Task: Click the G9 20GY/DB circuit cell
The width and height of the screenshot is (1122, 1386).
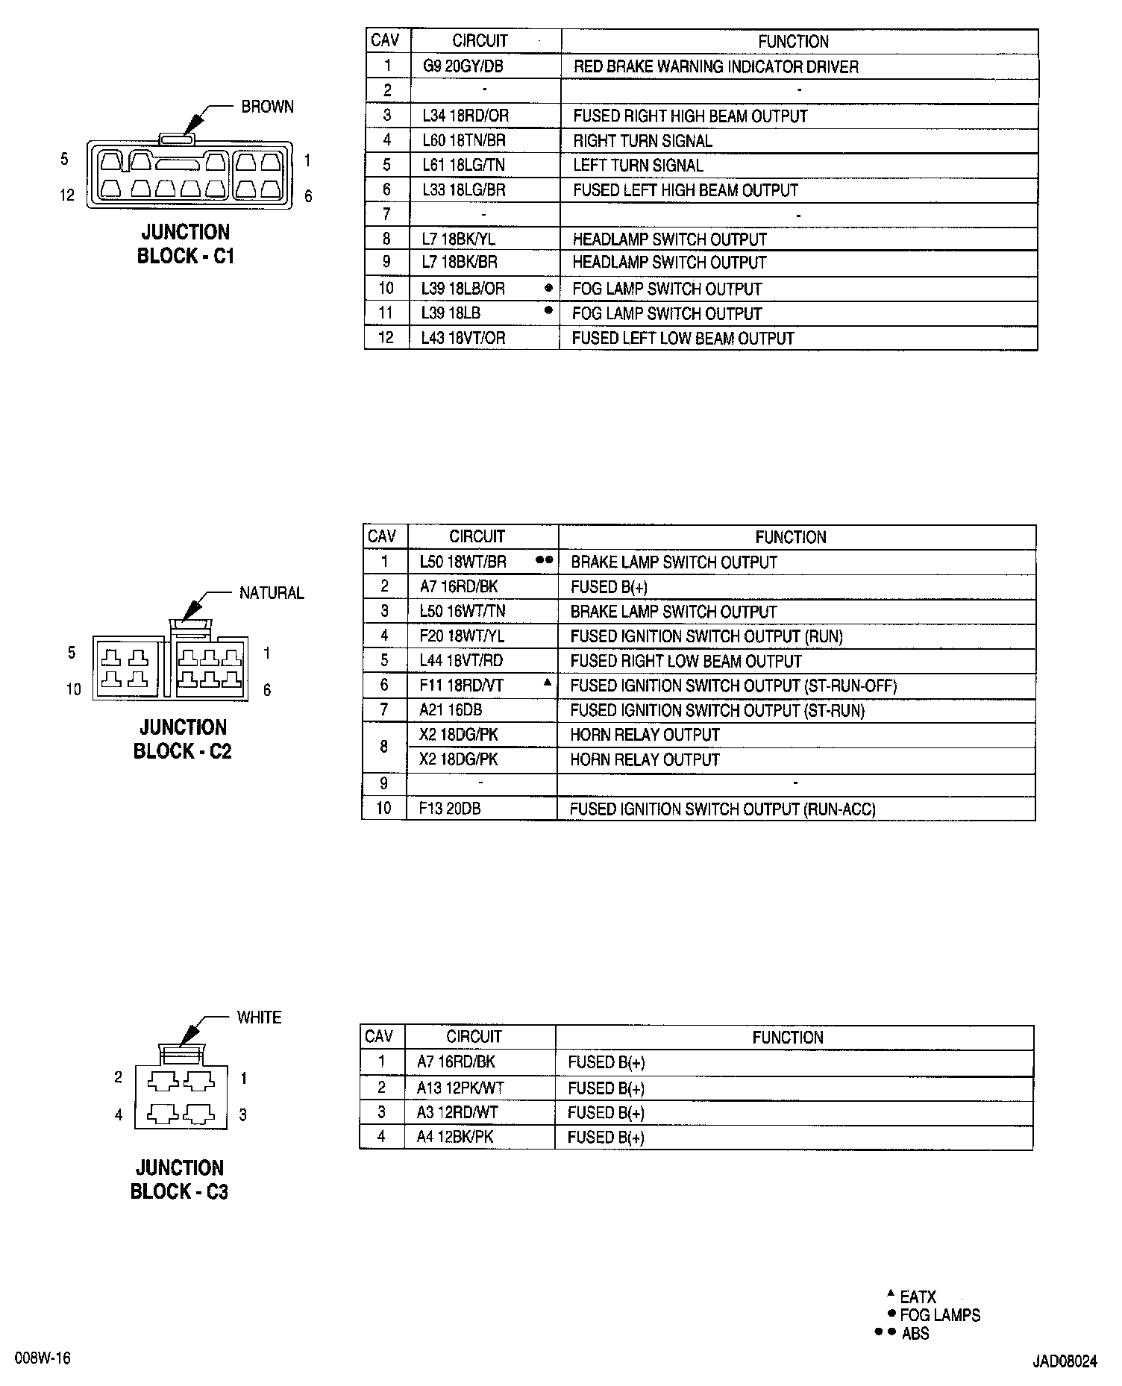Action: (463, 66)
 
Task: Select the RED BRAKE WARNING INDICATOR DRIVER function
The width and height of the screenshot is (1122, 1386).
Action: (715, 67)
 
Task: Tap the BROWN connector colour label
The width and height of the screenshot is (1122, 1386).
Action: (267, 107)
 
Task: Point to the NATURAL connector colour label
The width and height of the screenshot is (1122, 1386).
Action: (272, 593)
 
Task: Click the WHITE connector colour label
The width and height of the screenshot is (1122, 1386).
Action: (259, 1017)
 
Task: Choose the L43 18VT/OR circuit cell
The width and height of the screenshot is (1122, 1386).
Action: (463, 338)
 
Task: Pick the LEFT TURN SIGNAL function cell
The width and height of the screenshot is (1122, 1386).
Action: (638, 165)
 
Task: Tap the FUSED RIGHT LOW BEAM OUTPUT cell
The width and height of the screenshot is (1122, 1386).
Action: (686, 661)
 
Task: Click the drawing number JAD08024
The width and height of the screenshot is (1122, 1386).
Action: (1065, 1361)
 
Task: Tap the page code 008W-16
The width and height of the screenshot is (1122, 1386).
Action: (41, 1358)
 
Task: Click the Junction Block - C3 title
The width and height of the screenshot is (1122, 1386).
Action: (180, 1179)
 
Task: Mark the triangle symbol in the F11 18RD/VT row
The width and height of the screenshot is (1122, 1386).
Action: (547, 682)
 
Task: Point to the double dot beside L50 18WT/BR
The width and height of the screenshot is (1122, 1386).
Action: (545, 559)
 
